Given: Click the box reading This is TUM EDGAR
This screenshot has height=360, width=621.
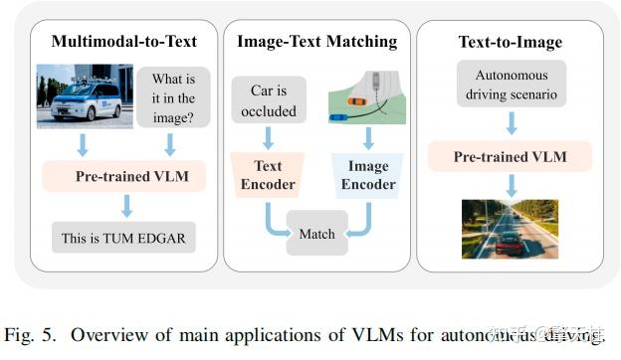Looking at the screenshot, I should [125, 239].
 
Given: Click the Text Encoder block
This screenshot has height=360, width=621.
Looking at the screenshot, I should [268, 175].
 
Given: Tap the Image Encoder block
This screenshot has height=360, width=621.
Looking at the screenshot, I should [368, 175].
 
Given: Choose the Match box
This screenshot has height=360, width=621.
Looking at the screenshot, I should [317, 234].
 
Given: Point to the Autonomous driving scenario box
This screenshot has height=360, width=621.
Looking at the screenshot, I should [511, 85].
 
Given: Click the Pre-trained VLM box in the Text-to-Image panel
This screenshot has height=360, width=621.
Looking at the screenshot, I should [510, 156].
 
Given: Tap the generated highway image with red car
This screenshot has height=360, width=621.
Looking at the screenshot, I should [510, 229].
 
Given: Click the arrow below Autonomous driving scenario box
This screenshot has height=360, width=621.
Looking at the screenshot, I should [510, 122].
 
